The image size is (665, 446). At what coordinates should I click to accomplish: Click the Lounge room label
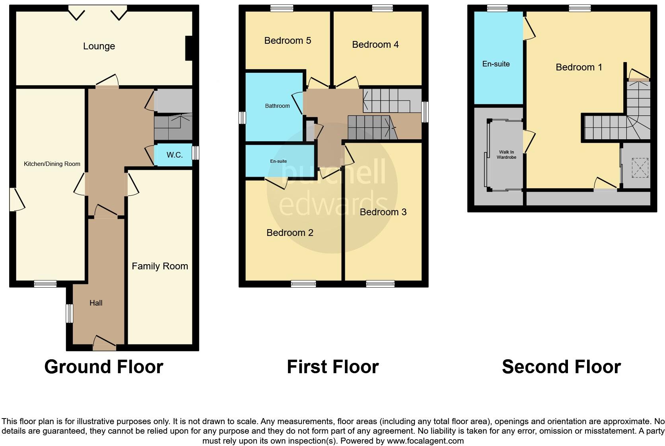click(x=99, y=46)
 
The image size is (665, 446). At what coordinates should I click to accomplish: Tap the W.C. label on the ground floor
click(x=175, y=155)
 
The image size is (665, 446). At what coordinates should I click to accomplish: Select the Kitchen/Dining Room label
click(x=52, y=164)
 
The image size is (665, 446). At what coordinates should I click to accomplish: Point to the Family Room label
click(x=160, y=266)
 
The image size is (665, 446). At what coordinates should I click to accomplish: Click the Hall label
click(x=96, y=303)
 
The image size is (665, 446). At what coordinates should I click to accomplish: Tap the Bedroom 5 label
click(x=288, y=41)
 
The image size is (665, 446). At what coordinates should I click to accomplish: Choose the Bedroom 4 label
click(x=375, y=45)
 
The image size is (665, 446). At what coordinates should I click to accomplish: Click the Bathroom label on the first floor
click(x=277, y=106)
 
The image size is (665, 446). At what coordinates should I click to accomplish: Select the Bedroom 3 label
click(x=383, y=212)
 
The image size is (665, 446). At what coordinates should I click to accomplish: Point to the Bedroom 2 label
click(x=290, y=233)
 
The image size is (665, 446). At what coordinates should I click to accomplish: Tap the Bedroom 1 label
click(x=579, y=67)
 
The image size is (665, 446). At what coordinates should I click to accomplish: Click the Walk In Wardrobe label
click(x=506, y=155)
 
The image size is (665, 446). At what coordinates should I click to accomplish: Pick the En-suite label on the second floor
click(x=496, y=64)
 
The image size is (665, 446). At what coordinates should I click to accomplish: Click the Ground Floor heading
click(x=104, y=367)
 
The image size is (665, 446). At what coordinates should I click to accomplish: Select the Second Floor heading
click(x=561, y=367)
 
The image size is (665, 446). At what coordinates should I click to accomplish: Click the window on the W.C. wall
click(x=195, y=153)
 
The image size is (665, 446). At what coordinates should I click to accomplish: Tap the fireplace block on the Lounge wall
click(x=189, y=49)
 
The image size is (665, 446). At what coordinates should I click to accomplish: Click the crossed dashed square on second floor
click(x=640, y=168)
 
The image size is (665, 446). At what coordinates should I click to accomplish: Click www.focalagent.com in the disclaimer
click(x=425, y=441)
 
